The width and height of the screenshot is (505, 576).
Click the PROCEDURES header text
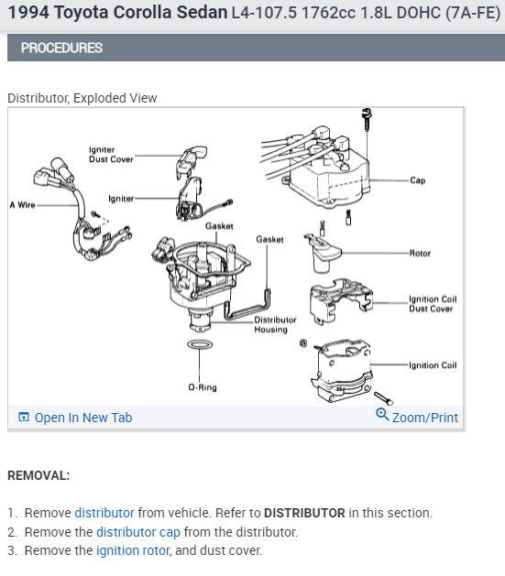coord(61,49)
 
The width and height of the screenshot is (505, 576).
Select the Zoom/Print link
coord(424,418)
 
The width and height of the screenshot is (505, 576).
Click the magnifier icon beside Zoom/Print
coord(382,414)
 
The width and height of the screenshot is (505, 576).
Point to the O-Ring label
coord(203,387)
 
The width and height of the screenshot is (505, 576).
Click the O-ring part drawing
coord(200,344)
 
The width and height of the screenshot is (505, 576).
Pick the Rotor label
coord(420,253)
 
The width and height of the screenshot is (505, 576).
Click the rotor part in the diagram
coord(322,253)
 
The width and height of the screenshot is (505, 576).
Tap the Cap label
coord(418,180)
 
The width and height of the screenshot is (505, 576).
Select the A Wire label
coord(22,205)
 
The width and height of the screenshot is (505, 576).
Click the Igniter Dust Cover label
coord(111,154)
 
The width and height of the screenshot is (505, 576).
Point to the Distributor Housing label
coord(275,325)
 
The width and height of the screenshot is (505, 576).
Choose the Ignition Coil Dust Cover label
coord(433,304)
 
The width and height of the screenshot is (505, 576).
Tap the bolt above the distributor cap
coord(367,117)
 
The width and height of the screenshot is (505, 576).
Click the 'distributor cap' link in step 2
coord(138,532)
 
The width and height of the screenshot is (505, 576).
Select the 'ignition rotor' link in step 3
coord(133,550)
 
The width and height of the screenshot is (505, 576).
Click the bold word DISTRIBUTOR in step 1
coord(304,513)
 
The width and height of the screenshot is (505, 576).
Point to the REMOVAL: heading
coord(38,475)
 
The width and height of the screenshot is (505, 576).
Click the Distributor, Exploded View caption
coord(82,98)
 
